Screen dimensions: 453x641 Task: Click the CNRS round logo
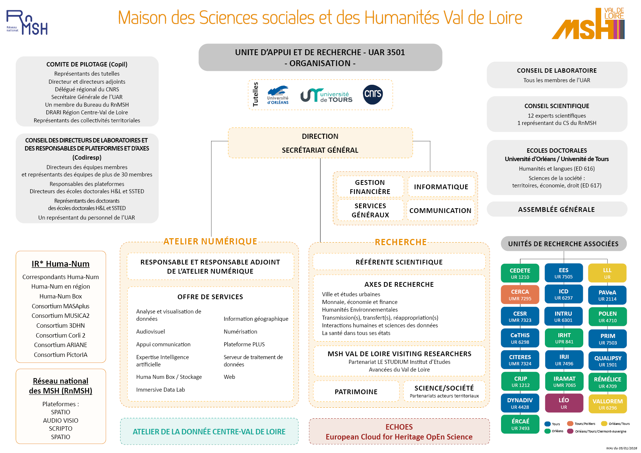[373, 95]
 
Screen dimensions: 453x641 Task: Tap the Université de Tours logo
[326, 95]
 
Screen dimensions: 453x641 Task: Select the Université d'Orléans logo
[278, 95]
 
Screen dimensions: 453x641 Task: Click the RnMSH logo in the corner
[27, 23]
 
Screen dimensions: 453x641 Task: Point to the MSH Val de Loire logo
[588, 24]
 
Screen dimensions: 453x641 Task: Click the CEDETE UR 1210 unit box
[520, 273]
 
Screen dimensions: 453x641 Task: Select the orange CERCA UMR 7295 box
[520, 295]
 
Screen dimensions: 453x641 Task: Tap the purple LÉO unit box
[564, 403]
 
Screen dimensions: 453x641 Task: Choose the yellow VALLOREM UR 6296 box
[607, 404]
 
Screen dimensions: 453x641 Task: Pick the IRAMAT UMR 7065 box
[564, 381]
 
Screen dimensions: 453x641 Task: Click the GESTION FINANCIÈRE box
[370, 187]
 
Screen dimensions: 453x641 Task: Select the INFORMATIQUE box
[441, 187]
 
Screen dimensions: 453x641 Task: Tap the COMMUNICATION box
[440, 210]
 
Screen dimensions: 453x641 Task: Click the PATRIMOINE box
[356, 392]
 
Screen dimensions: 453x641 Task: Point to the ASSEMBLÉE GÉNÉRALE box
[556, 209]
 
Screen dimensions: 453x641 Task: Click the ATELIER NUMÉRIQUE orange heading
[210, 241]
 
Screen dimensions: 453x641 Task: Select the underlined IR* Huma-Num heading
[61, 264]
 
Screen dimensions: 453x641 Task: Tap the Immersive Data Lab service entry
[160, 389]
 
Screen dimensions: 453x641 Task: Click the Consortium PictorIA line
[61, 355]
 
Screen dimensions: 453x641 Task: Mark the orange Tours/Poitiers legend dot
[570, 424]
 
